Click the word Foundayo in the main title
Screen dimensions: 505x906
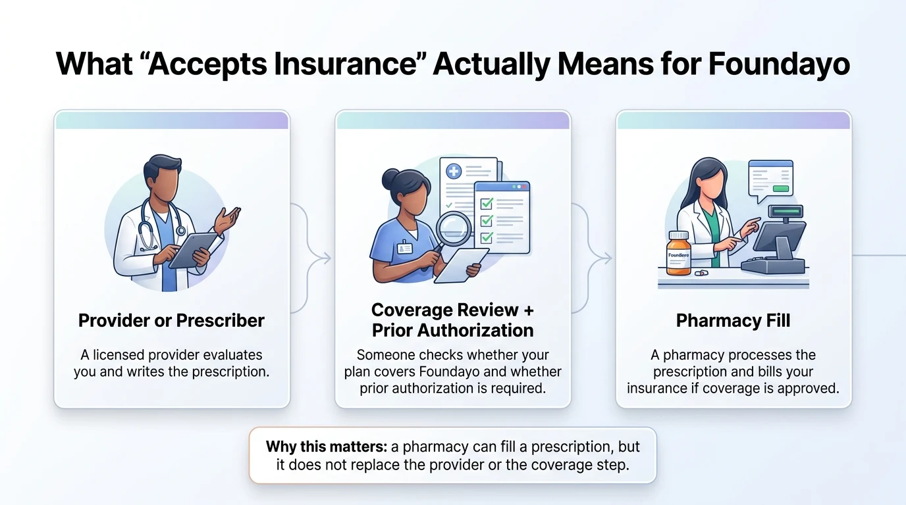point(778,64)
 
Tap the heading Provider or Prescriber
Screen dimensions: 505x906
point(171,320)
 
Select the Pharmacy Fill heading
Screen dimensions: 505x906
point(733,320)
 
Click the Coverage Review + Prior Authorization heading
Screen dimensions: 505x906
point(452,319)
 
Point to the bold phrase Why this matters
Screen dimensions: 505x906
point(326,446)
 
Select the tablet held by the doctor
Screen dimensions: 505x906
point(193,251)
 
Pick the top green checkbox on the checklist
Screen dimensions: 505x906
point(487,204)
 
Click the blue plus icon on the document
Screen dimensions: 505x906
point(454,172)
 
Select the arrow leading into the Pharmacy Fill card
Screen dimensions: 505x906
point(604,258)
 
